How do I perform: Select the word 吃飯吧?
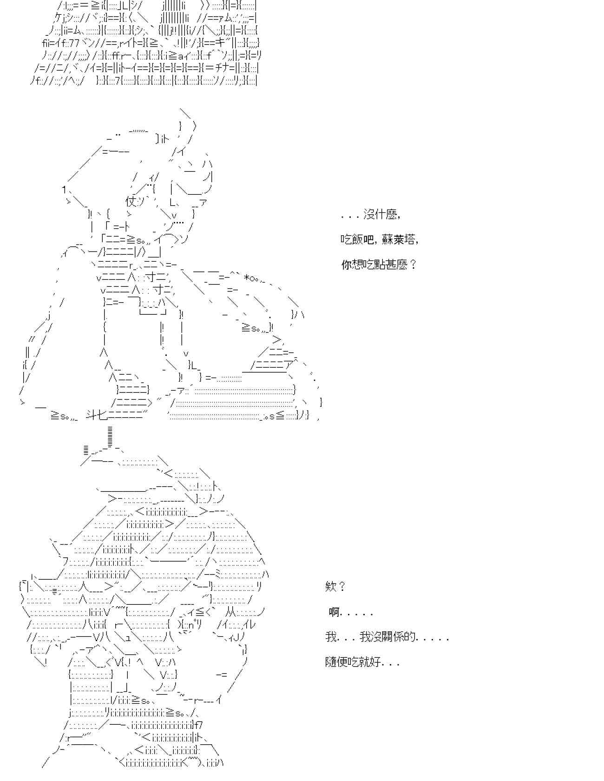[x=357, y=240]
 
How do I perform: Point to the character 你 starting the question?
[x=347, y=265]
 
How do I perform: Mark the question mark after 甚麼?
[x=414, y=265]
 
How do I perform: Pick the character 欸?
[x=330, y=587]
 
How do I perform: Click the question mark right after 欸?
[x=342, y=587]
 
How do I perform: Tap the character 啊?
[x=334, y=612]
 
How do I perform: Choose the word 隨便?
[x=336, y=662]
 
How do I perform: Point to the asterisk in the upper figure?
[x=246, y=278]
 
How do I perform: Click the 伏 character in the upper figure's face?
[x=131, y=202]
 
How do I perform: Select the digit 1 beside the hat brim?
[x=64, y=189]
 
